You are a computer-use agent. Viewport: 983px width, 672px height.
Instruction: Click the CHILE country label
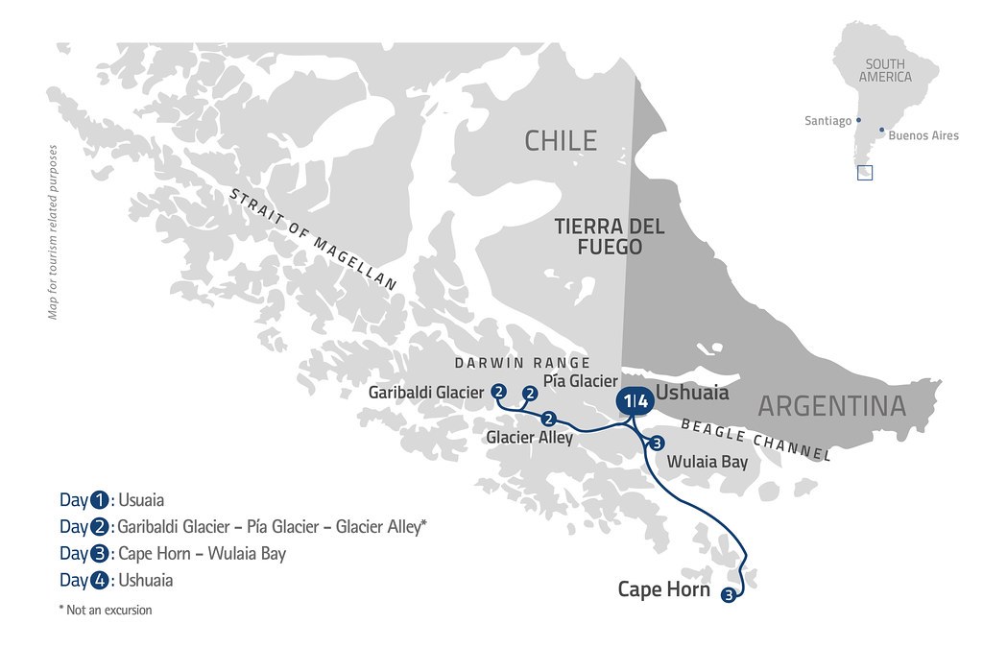pyautogui.click(x=561, y=141)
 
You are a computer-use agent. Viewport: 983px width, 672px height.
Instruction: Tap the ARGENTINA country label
pyautogui.click(x=831, y=406)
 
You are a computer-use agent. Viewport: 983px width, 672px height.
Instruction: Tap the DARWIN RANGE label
pyautogui.click(x=522, y=363)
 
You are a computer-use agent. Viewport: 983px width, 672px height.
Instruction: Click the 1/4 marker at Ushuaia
pyautogui.click(x=633, y=400)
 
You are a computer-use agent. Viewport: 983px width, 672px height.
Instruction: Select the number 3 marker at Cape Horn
pyautogui.click(x=729, y=594)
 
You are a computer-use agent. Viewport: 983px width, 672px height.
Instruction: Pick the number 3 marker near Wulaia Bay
pyautogui.click(x=657, y=443)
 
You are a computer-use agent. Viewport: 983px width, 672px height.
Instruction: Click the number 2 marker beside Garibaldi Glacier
pyautogui.click(x=498, y=391)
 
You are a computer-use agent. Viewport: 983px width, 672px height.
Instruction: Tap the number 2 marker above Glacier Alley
pyautogui.click(x=549, y=419)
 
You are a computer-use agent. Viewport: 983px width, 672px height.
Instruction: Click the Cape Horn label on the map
pyautogui.click(x=663, y=589)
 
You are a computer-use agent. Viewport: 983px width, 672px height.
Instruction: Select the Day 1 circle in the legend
pyautogui.click(x=101, y=500)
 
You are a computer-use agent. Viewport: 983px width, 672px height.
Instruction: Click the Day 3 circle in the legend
pyautogui.click(x=101, y=554)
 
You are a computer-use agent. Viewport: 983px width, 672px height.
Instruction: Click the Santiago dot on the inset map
pyautogui.click(x=858, y=121)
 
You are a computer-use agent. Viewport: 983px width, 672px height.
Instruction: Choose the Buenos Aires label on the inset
pyautogui.click(x=923, y=135)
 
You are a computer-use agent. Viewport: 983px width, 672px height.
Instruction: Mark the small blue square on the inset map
pyautogui.click(x=865, y=173)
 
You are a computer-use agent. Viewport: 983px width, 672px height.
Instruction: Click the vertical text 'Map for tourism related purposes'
pyautogui.click(x=53, y=231)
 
